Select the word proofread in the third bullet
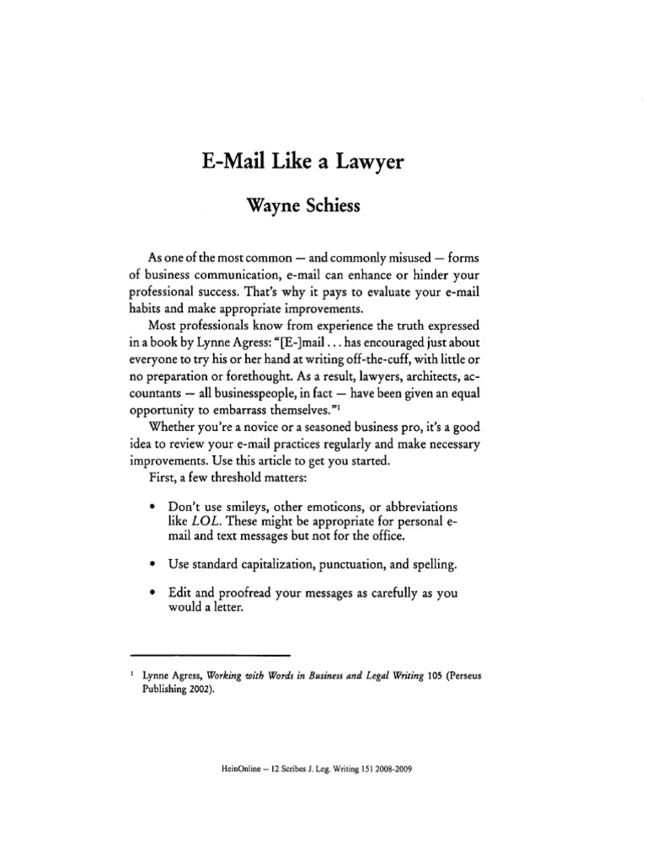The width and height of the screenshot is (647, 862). tap(254, 593)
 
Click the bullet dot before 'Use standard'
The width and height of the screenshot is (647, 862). tap(151, 561)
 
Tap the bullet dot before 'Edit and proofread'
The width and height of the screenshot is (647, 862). tap(151, 593)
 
